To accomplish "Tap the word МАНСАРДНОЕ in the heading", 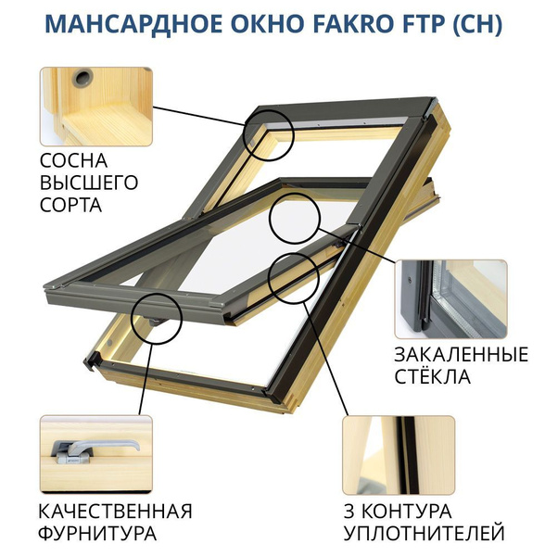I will tap(128, 25).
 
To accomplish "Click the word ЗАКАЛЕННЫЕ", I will tap(461, 355).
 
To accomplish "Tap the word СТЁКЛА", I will tap(433, 377).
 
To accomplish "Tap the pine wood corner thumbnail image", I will tap(95, 104).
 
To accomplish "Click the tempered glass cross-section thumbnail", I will tap(450, 298).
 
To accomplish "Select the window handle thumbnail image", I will tap(95, 452).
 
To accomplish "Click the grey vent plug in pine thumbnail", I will tap(86, 74).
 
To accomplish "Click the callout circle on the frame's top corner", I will tap(269, 132).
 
